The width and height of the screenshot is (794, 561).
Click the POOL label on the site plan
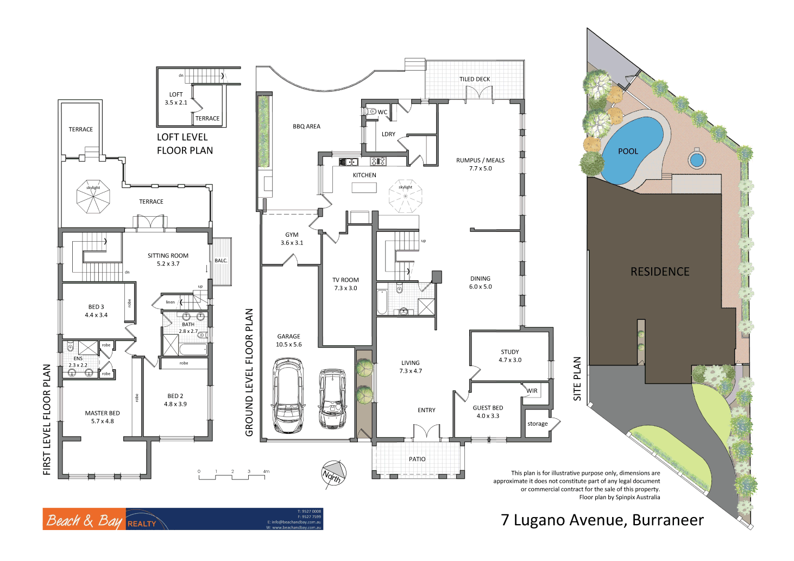point(628,152)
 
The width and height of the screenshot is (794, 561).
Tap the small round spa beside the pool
point(696,160)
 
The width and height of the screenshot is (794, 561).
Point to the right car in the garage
point(332,399)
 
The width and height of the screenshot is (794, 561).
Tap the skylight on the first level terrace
point(93,197)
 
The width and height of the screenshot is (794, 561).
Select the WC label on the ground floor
point(382,112)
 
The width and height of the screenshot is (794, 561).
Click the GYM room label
point(292,235)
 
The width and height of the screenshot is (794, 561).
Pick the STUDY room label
point(509,352)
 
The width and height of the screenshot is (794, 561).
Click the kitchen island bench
point(364,187)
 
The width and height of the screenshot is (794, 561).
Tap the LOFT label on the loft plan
point(176,94)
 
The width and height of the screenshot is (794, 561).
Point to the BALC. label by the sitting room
point(221,261)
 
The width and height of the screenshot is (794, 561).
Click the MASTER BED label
point(102,413)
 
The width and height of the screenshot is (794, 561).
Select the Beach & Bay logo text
point(84,520)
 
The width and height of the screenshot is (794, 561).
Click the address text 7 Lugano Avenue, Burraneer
point(602,520)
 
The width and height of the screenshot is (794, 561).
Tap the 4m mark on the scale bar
point(266,471)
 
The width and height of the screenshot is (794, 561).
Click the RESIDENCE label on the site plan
point(660,272)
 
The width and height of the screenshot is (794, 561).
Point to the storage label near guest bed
point(537,424)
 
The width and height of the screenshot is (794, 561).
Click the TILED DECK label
point(475,79)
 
